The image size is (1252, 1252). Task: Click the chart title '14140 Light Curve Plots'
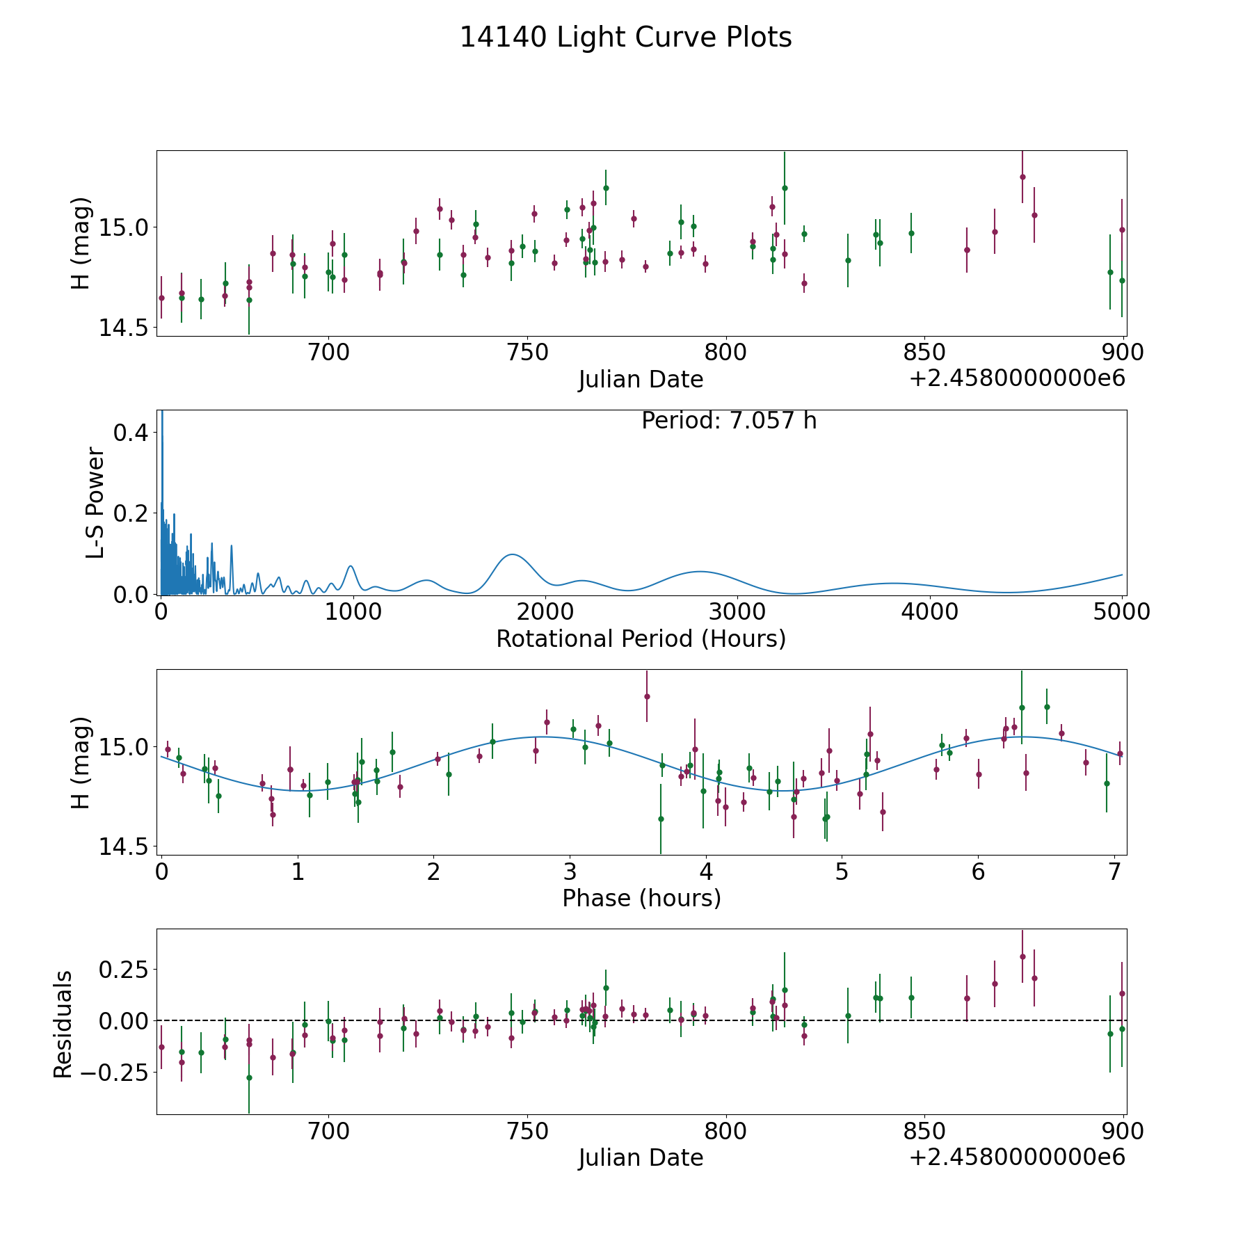[x=625, y=38]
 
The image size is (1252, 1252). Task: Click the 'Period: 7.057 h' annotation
[x=728, y=421]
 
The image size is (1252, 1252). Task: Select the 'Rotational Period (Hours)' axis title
[x=641, y=639]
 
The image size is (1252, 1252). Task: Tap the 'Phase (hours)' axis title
[x=641, y=898]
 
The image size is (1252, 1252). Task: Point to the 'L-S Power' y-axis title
[x=96, y=502]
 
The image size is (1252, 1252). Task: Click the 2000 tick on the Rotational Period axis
[x=545, y=612]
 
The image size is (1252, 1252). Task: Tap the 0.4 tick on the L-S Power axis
[x=131, y=432]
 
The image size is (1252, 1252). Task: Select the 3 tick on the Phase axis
[x=570, y=872]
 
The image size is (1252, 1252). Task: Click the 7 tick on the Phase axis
[x=1115, y=872]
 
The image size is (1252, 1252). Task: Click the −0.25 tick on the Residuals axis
[x=115, y=1072]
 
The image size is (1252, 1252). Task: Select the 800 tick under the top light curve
[x=725, y=353]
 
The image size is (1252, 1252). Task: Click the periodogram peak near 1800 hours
[x=512, y=554]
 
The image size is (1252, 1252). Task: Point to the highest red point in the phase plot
[x=647, y=696]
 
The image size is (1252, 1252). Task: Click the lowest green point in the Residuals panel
[x=249, y=1077]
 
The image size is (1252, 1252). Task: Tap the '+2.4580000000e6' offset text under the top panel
[x=1016, y=379]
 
